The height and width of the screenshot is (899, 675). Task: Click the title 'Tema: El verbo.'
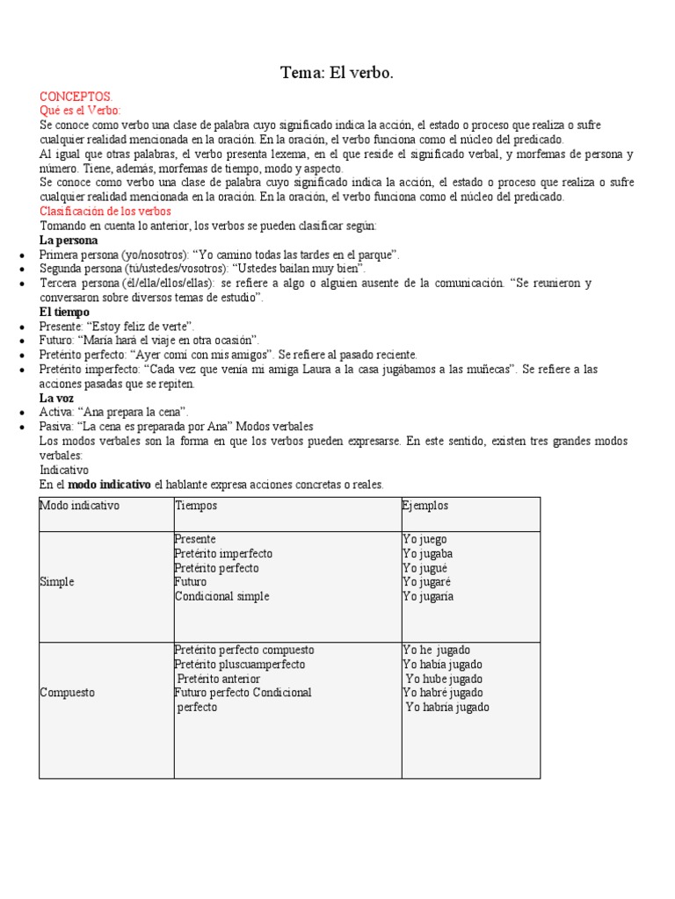coord(337,74)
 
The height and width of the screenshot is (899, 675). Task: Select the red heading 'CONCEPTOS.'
coord(76,97)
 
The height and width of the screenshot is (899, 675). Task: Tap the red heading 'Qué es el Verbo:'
coord(81,111)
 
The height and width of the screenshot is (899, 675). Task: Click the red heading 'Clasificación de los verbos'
coord(105,212)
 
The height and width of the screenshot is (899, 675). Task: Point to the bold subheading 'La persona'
coord(69,240)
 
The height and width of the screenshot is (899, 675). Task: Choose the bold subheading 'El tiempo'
coord(64,312)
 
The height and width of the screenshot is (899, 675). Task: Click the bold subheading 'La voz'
coord(57,398)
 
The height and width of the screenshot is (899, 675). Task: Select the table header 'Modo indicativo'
coord(80,506)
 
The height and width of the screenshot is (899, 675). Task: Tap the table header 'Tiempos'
coord(196,506)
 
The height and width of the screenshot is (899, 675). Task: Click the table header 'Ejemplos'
coord(426,506)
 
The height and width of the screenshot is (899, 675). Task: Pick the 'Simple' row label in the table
coord(57,582)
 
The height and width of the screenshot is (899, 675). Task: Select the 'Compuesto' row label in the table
coord(68,693)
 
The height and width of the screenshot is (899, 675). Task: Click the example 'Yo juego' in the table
coord(425,539)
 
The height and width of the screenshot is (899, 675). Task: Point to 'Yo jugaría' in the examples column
coord(429,596)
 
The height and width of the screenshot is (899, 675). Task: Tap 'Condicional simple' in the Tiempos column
coord(222,596)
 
